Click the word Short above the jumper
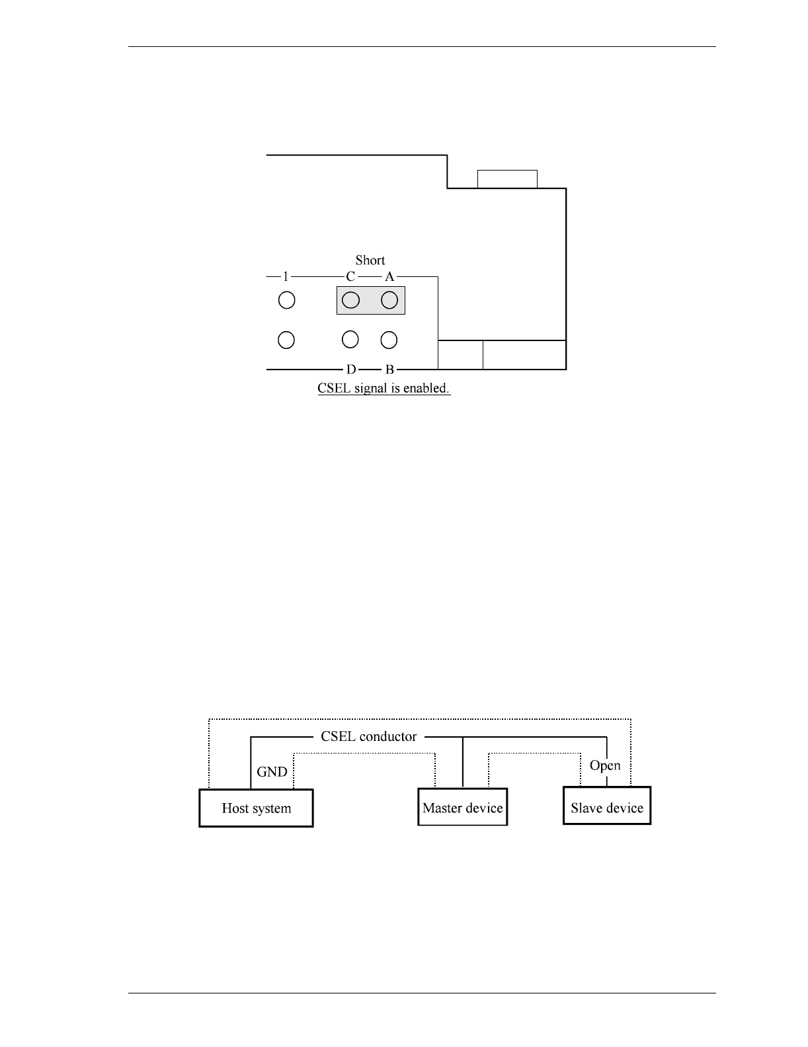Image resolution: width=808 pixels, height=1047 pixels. pyautogui.click(x=370, y=260)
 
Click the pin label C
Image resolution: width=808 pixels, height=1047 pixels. pyautogui.click(x=350, y=276)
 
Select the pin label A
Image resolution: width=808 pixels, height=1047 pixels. pyautogui.click(x=389, y=276)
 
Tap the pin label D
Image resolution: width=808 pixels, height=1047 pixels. pyautogui.click(x=351, y=369)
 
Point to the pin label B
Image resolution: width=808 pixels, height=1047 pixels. pyautogui.click(x=389, y=369)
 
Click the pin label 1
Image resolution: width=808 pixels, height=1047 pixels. pyautogui.click(x=286, y=276)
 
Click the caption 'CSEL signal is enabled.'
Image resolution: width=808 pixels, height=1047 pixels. pyautogui.click(x=384, y=388)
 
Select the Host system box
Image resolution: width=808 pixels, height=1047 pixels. pyautogui.click(x=256, y=808)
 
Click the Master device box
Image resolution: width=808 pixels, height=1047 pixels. pyautogui.click(x=462, y=808)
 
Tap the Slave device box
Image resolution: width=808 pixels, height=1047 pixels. pyautogui.click(x=607, y=806)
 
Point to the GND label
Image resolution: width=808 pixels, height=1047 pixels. pyautogui.click(x=272, y=771)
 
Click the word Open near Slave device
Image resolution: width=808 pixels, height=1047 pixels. pyautogui.click(x=605, y=765)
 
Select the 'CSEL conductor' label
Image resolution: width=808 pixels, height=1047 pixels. pyautogui.click(x=369, y=736)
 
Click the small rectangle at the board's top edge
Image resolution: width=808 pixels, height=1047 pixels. pyautogui.click(x=507, y=179)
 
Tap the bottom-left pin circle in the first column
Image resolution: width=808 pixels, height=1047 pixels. pyautogui.click(x=286, y=340)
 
